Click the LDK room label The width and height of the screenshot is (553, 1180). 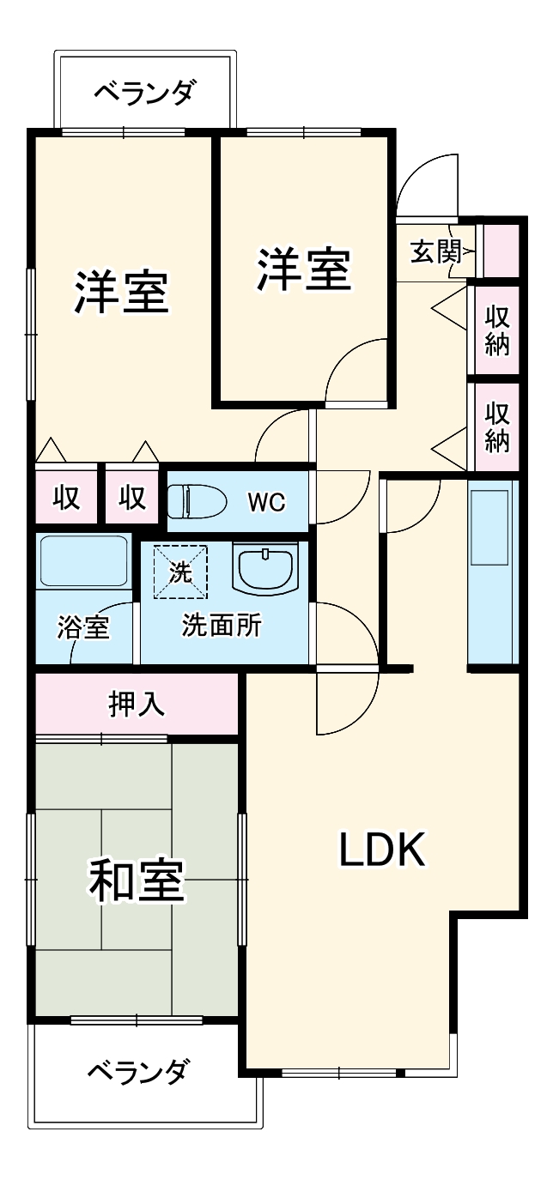(x=381, y=850)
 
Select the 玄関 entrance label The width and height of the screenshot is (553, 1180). (x=435, y=252)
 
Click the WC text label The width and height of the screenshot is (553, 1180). (x=266, y=502)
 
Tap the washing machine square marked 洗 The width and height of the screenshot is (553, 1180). (x=180, y=572)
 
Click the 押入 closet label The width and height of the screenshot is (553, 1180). (x=137, y=704)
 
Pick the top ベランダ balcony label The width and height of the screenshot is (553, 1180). (x=144, y=91)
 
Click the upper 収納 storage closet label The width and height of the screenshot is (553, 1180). (x=497, y=330)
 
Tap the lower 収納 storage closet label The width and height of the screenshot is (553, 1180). (x=497, y=427)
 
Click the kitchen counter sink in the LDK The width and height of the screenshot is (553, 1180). (x=491, y=529)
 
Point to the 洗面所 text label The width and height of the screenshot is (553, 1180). (x=222, y=626)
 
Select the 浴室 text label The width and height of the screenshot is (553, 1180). (x=83, y=627)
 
